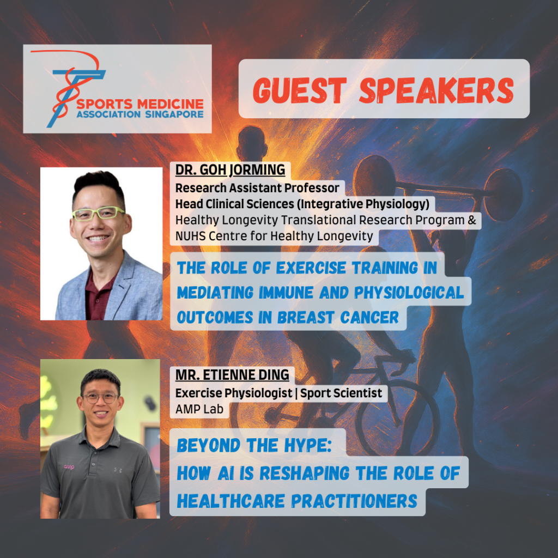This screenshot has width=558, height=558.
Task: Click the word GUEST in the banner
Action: tap(300, 91)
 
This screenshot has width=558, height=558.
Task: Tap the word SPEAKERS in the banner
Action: tap(436, 91)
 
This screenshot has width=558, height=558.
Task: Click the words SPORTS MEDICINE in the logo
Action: tap(140, 104)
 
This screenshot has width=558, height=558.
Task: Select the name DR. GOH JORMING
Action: tap(231, 170)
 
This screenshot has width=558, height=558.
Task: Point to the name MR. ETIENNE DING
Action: tap(232, 375)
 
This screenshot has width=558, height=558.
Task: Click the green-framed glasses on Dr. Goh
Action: tap(98, 214)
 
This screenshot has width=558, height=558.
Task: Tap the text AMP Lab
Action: tap(199, 409)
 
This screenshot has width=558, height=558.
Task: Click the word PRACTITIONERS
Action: tap(354, 501)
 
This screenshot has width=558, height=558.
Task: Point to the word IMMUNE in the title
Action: tap(286, 293)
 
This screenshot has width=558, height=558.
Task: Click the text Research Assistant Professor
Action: tap(257, 187)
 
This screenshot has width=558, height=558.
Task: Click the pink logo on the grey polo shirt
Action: tap(69, 467)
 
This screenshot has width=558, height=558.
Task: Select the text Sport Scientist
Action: tap(341, 393)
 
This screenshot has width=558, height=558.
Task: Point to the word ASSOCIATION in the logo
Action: tap(108, 114)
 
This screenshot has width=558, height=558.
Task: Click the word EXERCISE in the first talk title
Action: tap(311, 268)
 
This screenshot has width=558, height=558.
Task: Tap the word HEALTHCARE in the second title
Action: tap(231, 501)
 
